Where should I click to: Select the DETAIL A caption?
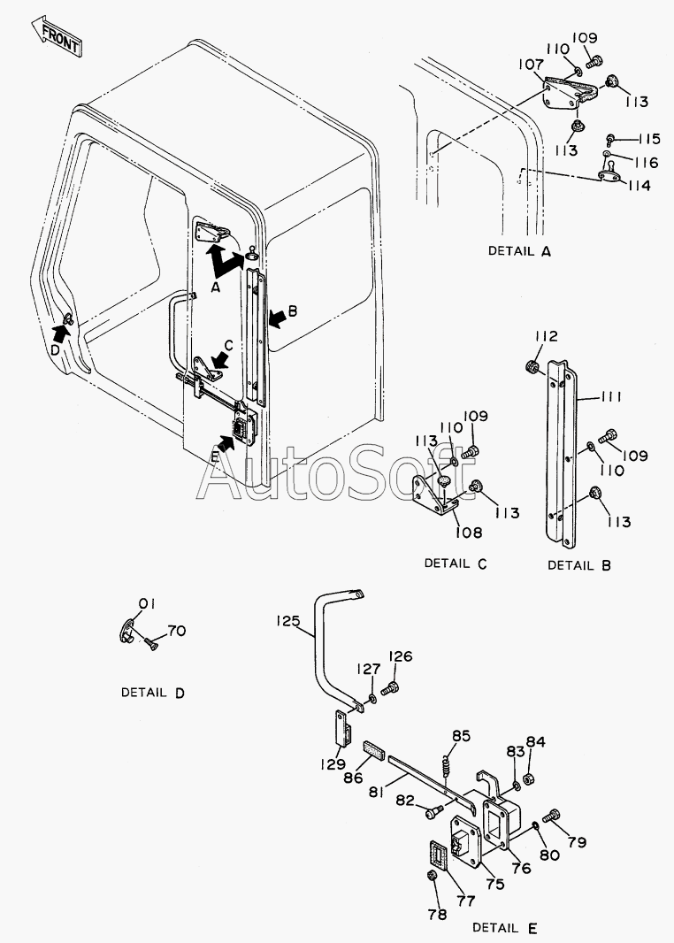519,250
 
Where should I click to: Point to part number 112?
546,337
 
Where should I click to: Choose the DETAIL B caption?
578,564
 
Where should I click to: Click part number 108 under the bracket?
469,533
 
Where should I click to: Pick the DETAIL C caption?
456,563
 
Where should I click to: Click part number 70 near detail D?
176,632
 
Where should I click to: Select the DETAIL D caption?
153,692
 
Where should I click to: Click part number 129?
333,763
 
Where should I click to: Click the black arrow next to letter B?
276,314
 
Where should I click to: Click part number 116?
645,163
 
